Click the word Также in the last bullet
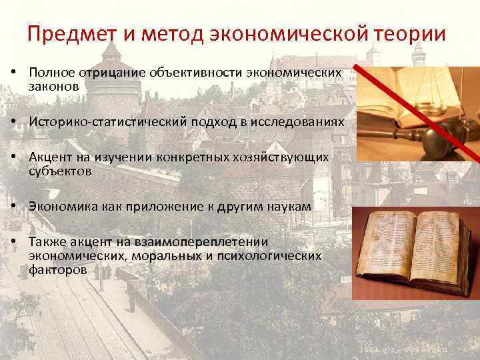point(46,242)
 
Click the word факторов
point(57,270)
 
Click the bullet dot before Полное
point(14,72)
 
